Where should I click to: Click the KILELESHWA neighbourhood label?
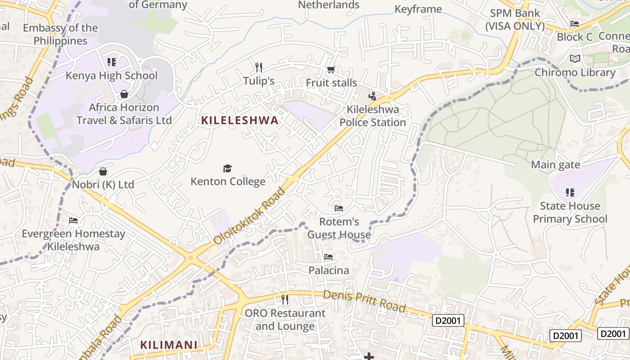pyautogui.click(x=240, y=121)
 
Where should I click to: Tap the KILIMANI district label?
pyautogui.click(x=169, y=345)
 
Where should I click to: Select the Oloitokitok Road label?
pyautogui.click(x=250, y=216)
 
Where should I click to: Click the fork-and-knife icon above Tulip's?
pyautogui.click(x=259, y=67)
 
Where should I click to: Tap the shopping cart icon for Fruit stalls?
pyautogui.click(x=331, y=69)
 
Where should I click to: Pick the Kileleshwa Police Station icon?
pyautogui.click(x=372, y=95)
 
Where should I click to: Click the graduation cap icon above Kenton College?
pyautogui.click(x=228, y=168)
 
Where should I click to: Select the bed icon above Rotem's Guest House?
pyautogui.click(x=339, y=208)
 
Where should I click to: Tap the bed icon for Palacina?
pyautogui.click(x=328, y=257)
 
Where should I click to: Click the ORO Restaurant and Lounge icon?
pyautogui.click(x=284, y=299)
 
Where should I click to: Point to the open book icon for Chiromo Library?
pyautogui.click(x=575, y=58)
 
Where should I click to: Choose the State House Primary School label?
pyautogui.click(x=570, y=212)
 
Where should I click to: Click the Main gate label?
pyautogui.click(x=555, y=165)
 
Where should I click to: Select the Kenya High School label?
pyautogui.click(x=112, y=75)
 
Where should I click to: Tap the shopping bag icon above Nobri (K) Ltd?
pyautogui.click(x=103, y=171)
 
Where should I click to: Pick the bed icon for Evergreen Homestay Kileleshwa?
pyautogui.click(x=73, y=220)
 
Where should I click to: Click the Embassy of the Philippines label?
pyautogui.click(x=60, y=34)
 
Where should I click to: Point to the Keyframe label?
pyautogui.click(x=418, y=9)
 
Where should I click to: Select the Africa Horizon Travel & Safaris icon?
pyautogui.click(x=124, y=94)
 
